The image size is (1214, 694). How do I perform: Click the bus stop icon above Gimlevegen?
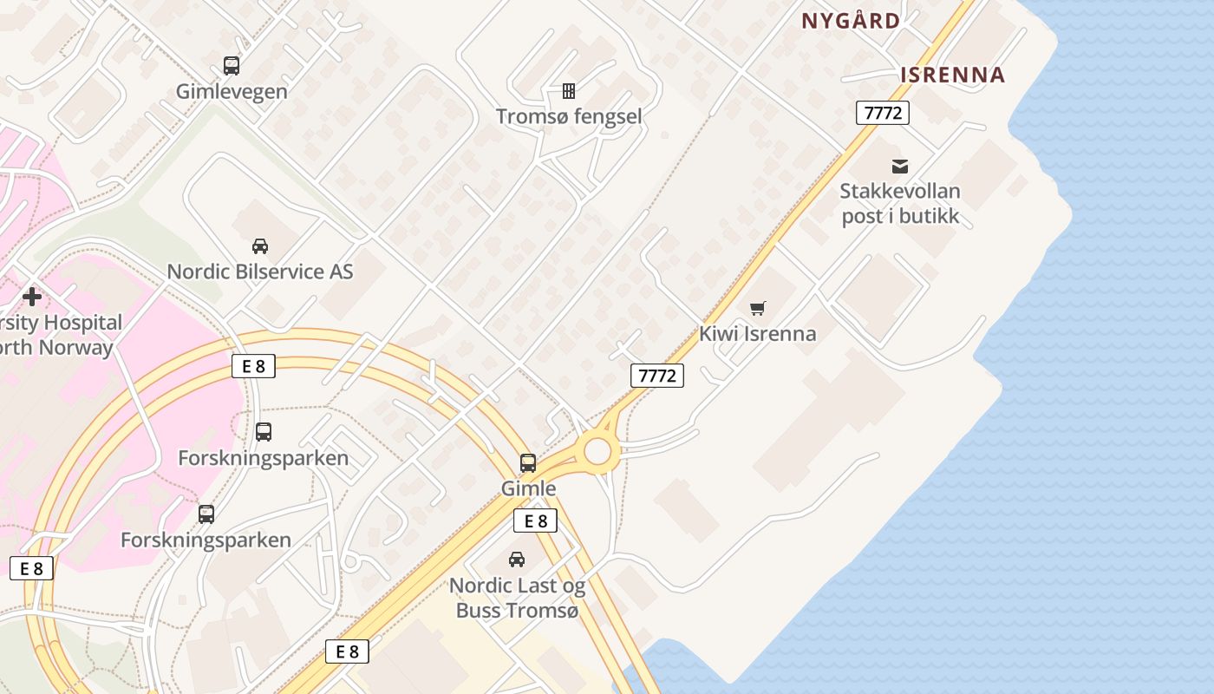[x=232, y=65]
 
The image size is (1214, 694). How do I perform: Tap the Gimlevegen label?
[x=232, y=91]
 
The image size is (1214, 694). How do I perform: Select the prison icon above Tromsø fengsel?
[x=569, y=90]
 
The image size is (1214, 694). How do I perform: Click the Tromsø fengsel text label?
[x=569, y=116]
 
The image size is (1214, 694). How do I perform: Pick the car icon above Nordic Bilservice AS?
[x=260, y=246]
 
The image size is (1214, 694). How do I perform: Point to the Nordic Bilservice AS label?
[x=260, y=272]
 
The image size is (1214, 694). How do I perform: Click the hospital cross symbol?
[x=32, y=297]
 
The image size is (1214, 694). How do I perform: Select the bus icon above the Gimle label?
[x=528, y=462]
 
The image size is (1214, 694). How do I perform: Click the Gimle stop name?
[x=528, y=488]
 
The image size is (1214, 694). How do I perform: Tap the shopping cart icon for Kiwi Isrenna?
[x=758, y=308]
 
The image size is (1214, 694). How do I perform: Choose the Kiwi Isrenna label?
[x=758, y=334]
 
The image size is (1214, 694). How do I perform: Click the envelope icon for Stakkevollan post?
[x=900, y=166]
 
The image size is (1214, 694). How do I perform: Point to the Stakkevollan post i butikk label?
[x=900, y=204]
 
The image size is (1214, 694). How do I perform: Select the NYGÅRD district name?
[x=851, y=21]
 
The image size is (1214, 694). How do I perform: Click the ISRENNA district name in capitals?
[x=952, y=75]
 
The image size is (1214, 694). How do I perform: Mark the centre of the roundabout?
[x=597, y=451]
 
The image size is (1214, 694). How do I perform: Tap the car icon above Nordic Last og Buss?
[x=517, y=560]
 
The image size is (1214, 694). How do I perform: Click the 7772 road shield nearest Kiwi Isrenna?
[x=656, y=376]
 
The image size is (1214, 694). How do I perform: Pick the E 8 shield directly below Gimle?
[x=535, y=520]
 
